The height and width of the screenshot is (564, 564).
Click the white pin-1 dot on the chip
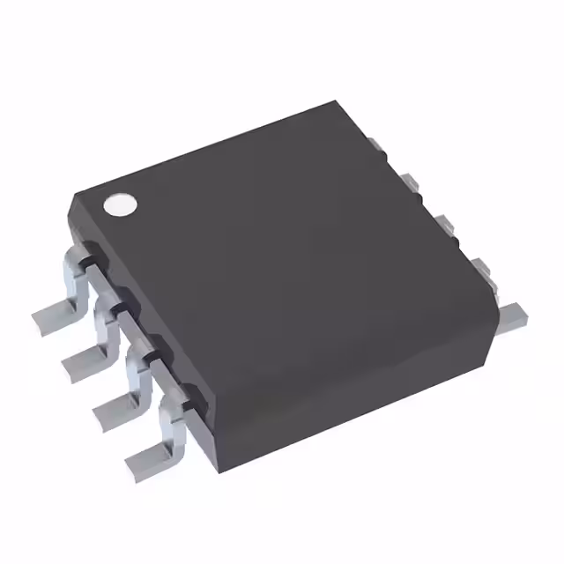click(x=121, y=204)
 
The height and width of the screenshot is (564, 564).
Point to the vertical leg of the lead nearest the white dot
click(x=75, y=275)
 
